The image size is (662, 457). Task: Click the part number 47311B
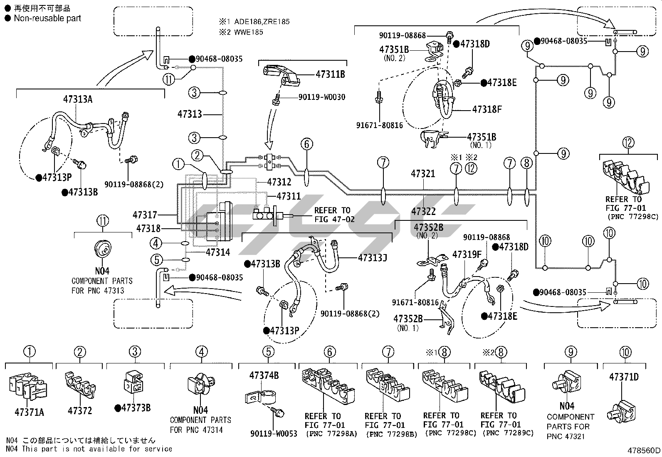pyautogui.click(x=330, y=75)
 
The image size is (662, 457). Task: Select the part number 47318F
pyautogui.click(x=487, y=110)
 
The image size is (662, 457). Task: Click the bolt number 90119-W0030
pyautogui.click(x=321, y=97)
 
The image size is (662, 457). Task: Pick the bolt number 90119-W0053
pyautogui.click(x=274, y=434)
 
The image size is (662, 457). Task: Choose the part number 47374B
pyautogui.click(x=264, y=375)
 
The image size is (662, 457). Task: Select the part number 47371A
pyautogui.click(x=29, y=413)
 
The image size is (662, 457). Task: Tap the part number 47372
pyautogui.click(x=80, y=411)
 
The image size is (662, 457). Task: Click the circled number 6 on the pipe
pyautogui.click(x=306, y=144)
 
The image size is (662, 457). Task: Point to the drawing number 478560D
pyautogui.click(x=644, y=451)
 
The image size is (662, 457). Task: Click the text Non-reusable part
pyautogui.click(x=47, y=18)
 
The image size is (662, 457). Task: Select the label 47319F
pyautogui.click(x=467, y=254)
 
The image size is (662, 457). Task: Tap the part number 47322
pyautogui.click(x=423, y=211)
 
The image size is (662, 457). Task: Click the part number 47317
pyautogui.click(x=145, y=215)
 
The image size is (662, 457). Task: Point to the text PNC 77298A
pyautogui.click(x=331, y=434)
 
